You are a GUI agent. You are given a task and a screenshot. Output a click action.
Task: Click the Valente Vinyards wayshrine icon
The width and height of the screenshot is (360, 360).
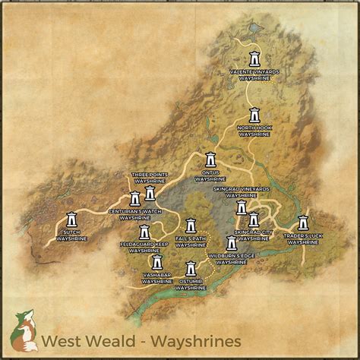(254, 58)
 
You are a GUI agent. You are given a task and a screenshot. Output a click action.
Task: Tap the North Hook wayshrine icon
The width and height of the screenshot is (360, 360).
(255, 115)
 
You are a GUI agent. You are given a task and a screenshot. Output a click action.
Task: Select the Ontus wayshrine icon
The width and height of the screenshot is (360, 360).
(211, 160)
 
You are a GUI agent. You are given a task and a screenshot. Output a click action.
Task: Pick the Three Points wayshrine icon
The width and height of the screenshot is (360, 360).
(150, 194)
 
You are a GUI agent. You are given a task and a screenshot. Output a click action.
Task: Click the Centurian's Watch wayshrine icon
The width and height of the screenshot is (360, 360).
(135, 199)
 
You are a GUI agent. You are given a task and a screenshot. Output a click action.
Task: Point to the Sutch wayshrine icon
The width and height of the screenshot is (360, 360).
(71, 219)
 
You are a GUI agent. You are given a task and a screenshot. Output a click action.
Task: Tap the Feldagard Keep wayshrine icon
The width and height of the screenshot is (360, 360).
(144, 232)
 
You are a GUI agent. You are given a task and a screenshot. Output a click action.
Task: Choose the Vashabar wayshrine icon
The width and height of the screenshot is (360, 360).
(157, 262)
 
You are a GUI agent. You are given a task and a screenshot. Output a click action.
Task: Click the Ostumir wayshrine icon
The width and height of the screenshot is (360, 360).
(191, 269)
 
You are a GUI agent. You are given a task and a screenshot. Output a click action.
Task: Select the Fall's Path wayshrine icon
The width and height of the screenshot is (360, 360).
(191, 226)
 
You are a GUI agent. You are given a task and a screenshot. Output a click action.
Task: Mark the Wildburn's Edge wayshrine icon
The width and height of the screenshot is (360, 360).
(232, 244)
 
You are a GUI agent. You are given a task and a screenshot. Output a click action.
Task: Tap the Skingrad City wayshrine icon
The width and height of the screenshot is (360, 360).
(254, 219)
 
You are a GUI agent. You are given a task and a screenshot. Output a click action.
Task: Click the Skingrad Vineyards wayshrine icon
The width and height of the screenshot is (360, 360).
(242, 207)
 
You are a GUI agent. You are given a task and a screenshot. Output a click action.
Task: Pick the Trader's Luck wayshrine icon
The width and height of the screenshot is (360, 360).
(303, 223)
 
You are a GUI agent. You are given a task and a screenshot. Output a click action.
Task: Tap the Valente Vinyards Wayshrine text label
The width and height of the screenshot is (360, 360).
(254, 74)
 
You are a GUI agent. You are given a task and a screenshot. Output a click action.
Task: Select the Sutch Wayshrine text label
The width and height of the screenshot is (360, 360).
(71, 235)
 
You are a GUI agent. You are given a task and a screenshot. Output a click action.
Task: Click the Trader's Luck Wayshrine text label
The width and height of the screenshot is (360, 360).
(303, 238)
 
